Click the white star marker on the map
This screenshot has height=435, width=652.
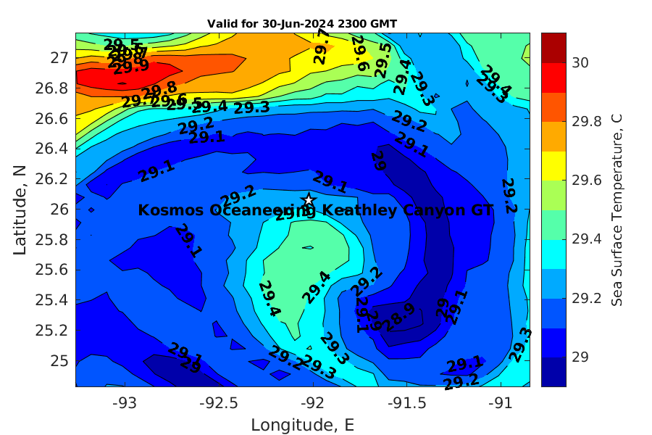[309, 199]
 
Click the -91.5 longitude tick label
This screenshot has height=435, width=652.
[402, 400]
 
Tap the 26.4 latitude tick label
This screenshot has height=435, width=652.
[54, 149]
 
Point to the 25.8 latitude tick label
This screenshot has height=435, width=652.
[54, 239]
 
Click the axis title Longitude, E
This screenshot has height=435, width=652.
[302, 424]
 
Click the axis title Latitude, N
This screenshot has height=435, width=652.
[20, 210]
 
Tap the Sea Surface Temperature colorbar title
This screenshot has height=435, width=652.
[617, 210]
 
